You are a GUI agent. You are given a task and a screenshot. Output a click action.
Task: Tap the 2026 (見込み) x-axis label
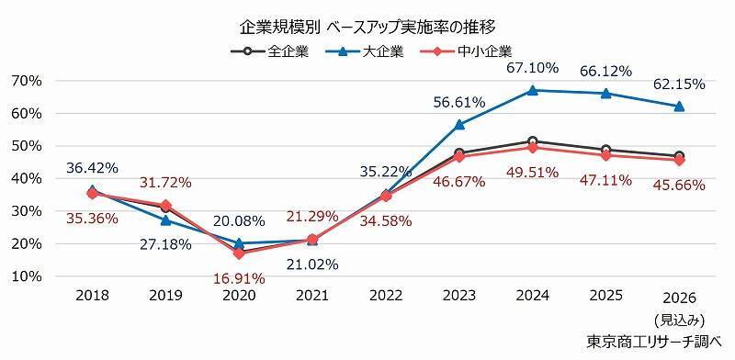[x=679, y=307]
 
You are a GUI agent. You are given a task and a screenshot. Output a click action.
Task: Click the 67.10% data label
[x=531, y=69]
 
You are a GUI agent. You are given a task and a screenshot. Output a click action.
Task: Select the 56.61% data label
[x=459, y=102]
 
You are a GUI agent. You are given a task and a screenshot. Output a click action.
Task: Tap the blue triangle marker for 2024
[x=532, y=90]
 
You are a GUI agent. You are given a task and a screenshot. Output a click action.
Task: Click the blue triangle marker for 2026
[x=679, y=107]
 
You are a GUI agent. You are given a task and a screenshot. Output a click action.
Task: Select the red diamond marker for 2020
[x=239, y=253]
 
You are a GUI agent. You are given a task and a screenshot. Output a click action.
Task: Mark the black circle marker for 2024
[x=532, y=141]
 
